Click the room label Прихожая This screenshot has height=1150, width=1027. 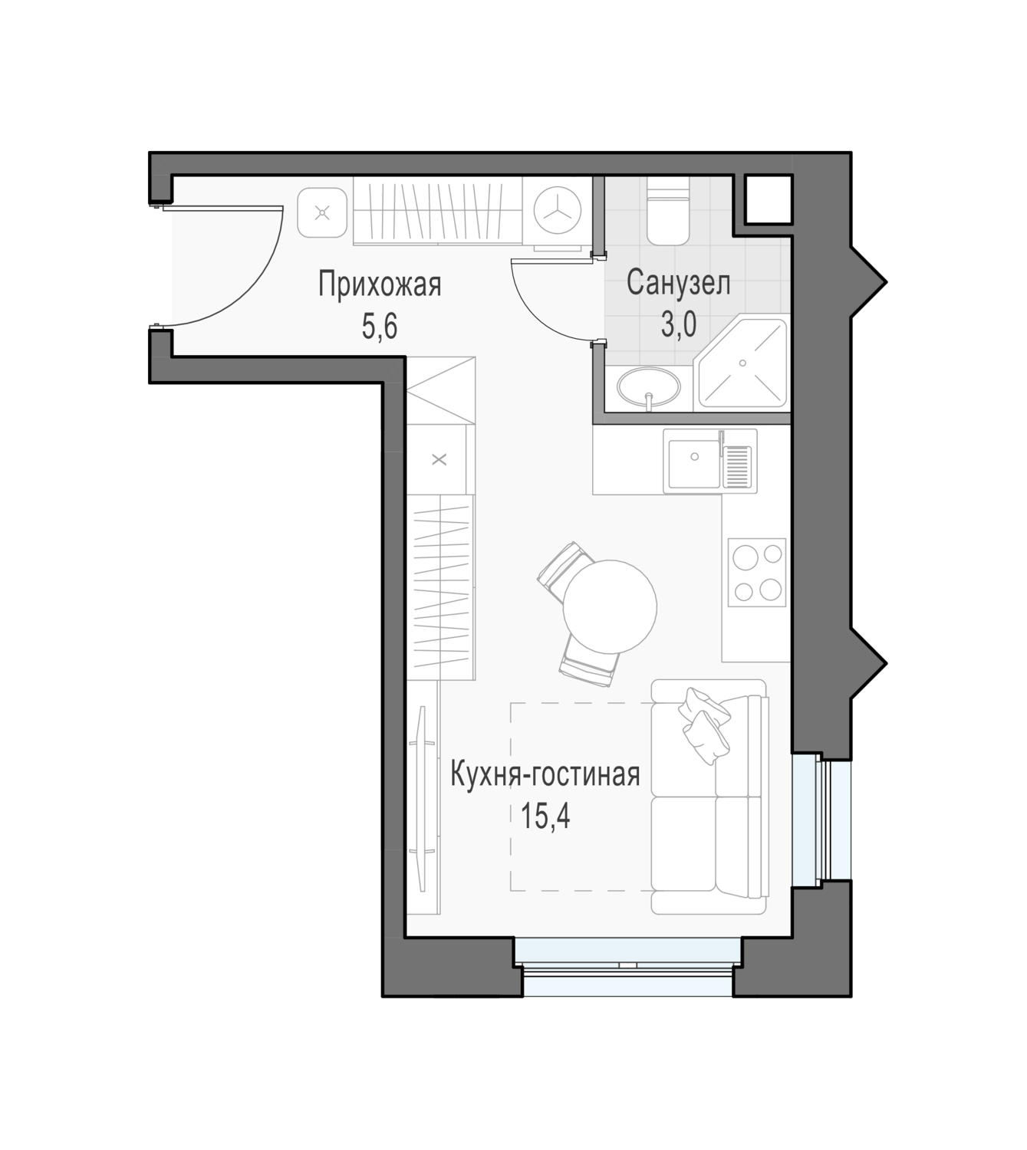[x=380, y=285]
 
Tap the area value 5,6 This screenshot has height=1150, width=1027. [x=380, y=327]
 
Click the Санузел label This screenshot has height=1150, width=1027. [x=678, y=282]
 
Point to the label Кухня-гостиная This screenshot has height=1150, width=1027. [x=545, y=774]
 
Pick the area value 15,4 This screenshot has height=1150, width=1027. [x=545, y=816]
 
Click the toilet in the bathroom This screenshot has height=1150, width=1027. [x=668, y=211]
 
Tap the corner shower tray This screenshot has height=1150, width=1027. [x=742, y=364]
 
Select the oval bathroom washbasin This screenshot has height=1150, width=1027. [x=649, y=386]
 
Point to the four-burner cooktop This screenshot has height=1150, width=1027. [x=756, y=572]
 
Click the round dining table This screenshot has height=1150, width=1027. [x=610, y=606]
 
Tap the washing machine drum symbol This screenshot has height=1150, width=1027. [x=558, y=211]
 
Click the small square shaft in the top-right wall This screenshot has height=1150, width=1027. [x=769, y=199]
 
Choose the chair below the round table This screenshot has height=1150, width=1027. [x=589, y=662]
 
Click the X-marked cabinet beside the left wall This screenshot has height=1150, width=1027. [x=439, y=459]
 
